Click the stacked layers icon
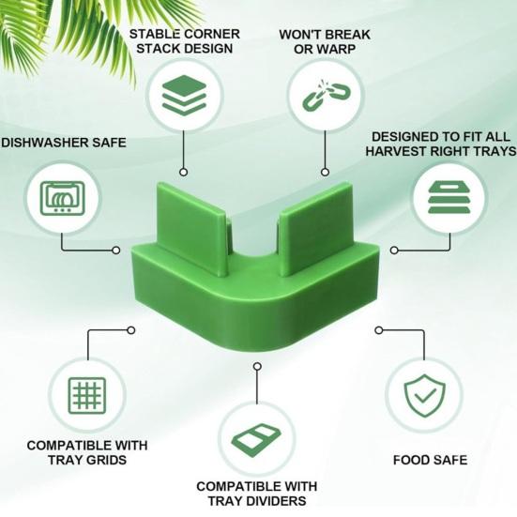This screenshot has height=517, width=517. click(x=184, y=95)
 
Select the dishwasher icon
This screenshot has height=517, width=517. click(x=62, y=197)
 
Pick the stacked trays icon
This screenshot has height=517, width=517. click(x=449, y=198)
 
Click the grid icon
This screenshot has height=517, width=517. click(x=87, y=396)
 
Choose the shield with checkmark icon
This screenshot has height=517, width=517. click(x=424, y=395)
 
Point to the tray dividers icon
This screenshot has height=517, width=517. click(x=256, y=440)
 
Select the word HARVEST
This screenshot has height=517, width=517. click(x=397, y=151)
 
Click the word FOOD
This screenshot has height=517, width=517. click(x=412, y=460)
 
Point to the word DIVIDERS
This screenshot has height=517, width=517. click(x=275, y=501)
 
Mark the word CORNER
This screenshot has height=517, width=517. click(x=212, y=35)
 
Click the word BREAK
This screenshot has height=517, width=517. click(x=348, y=35)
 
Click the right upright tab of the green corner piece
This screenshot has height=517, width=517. click(x=315, y=229)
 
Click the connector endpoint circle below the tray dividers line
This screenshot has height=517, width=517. click(x=257, y=366)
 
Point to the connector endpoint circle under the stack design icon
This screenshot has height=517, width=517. click(x=184, y=172)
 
